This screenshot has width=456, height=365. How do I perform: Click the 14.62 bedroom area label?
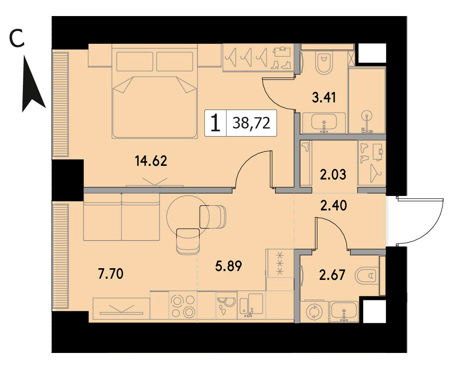(151, 161)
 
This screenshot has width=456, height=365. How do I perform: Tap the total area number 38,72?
(252, 123)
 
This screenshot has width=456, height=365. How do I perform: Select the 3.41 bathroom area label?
(324, 98)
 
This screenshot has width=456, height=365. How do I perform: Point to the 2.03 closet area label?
(333, 175)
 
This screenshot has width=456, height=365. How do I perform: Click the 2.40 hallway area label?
(333, 206)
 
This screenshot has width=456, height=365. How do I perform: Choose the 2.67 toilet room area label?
(332, 275)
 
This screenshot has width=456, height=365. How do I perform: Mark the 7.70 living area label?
(111, 273)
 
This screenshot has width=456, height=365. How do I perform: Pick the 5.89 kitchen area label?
(228, 266)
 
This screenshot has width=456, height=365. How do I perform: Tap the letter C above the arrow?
(16, 39)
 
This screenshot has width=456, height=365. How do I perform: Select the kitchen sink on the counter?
(251, 306)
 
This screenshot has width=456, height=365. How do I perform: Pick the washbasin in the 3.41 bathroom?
(324, 122)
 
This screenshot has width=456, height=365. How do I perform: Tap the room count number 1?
(216, 123)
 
